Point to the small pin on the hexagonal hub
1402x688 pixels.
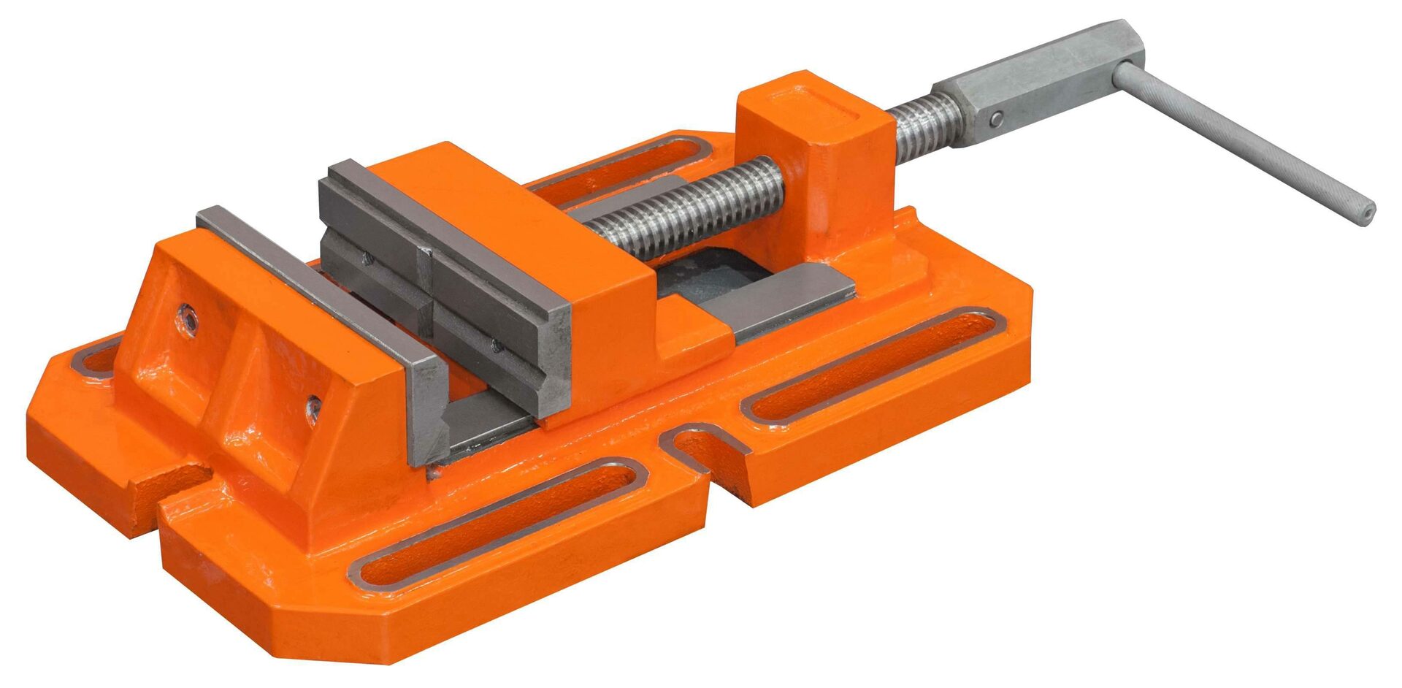point(995,118)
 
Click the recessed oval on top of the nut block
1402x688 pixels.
point(825,103)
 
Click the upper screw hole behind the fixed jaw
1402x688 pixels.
point(189,317)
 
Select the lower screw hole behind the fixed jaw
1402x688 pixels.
point(313,407)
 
